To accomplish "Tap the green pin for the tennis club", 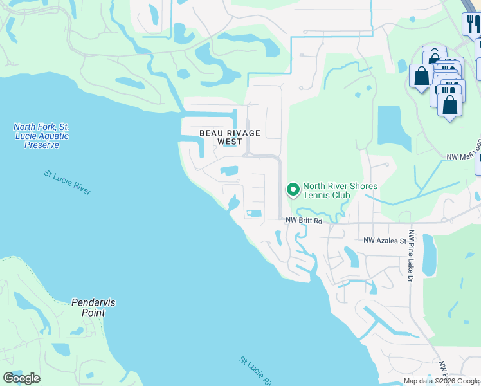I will [293, 189].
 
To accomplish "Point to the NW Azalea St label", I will [385, 240].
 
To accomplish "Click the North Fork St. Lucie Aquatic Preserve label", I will [41, 136].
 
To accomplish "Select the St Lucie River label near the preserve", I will [68, 182].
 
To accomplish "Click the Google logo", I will [21, 378].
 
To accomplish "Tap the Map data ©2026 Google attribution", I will [441, 381].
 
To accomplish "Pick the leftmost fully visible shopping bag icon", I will [421, 75].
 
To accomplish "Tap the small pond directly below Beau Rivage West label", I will [229, 170].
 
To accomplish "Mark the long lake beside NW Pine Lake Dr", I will [428, 254].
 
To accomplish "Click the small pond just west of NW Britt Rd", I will [255, 214].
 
